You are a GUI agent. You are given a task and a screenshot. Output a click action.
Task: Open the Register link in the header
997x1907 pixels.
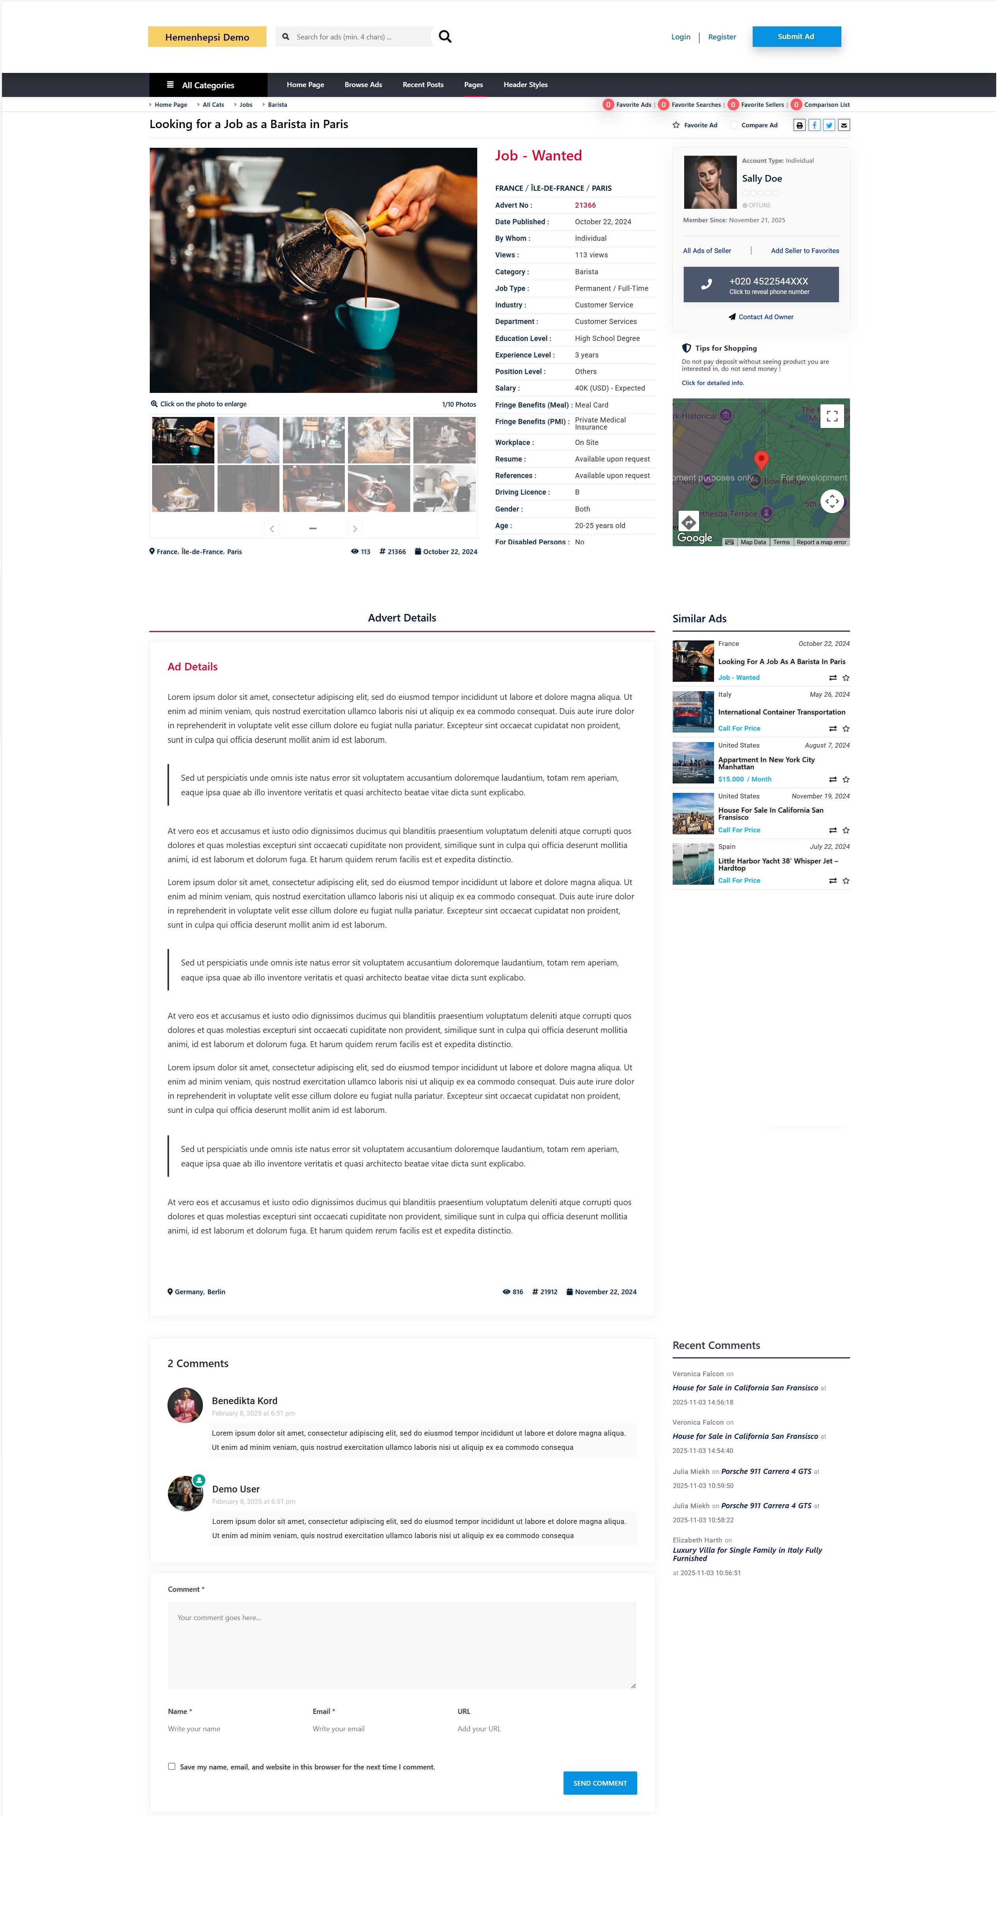pyautogui.click(x=722, y=37)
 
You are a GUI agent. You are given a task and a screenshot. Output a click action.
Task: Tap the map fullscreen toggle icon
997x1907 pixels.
pyautogui.click(x=832, y=416)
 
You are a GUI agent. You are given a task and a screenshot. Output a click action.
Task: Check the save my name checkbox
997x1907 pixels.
pyautogui.click(x=172, y=1766)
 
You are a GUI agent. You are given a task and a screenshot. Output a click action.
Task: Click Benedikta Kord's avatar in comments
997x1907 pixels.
pyautogui.click(x=185, y=1405)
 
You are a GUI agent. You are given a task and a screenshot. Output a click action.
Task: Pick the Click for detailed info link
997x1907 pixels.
pyautogui.click(x=712, y=383)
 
